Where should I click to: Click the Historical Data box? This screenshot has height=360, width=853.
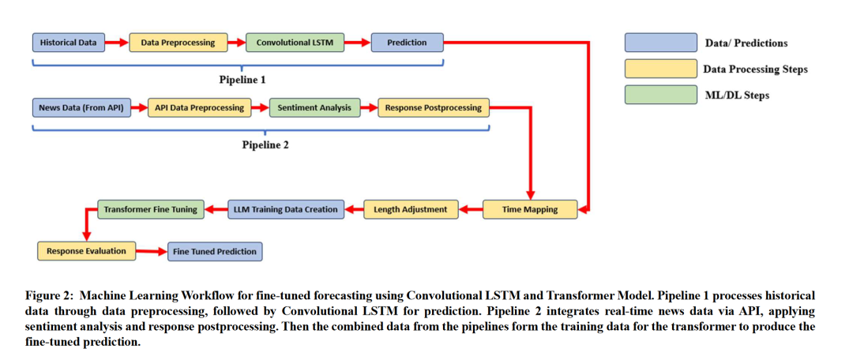69,43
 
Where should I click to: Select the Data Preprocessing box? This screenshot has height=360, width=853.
178,43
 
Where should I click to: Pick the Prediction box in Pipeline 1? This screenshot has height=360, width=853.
407,43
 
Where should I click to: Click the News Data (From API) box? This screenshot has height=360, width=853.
81,107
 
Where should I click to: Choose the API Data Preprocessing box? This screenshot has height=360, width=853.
200,107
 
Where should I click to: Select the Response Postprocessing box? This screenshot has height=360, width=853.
434,107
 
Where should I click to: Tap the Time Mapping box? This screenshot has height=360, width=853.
530,209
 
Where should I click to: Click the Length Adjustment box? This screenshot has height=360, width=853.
411,209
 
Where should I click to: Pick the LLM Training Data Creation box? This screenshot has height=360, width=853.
286,209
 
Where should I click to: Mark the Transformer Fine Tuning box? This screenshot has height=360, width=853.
151,209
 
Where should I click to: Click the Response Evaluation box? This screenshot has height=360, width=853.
86,251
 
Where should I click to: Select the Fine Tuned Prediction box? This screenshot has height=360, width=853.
214,251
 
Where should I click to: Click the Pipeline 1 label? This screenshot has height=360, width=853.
242,80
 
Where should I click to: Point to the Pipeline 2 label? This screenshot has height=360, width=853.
265,144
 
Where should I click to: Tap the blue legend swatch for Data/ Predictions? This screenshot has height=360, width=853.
660,43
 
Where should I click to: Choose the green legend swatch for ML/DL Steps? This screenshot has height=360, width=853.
660,95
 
